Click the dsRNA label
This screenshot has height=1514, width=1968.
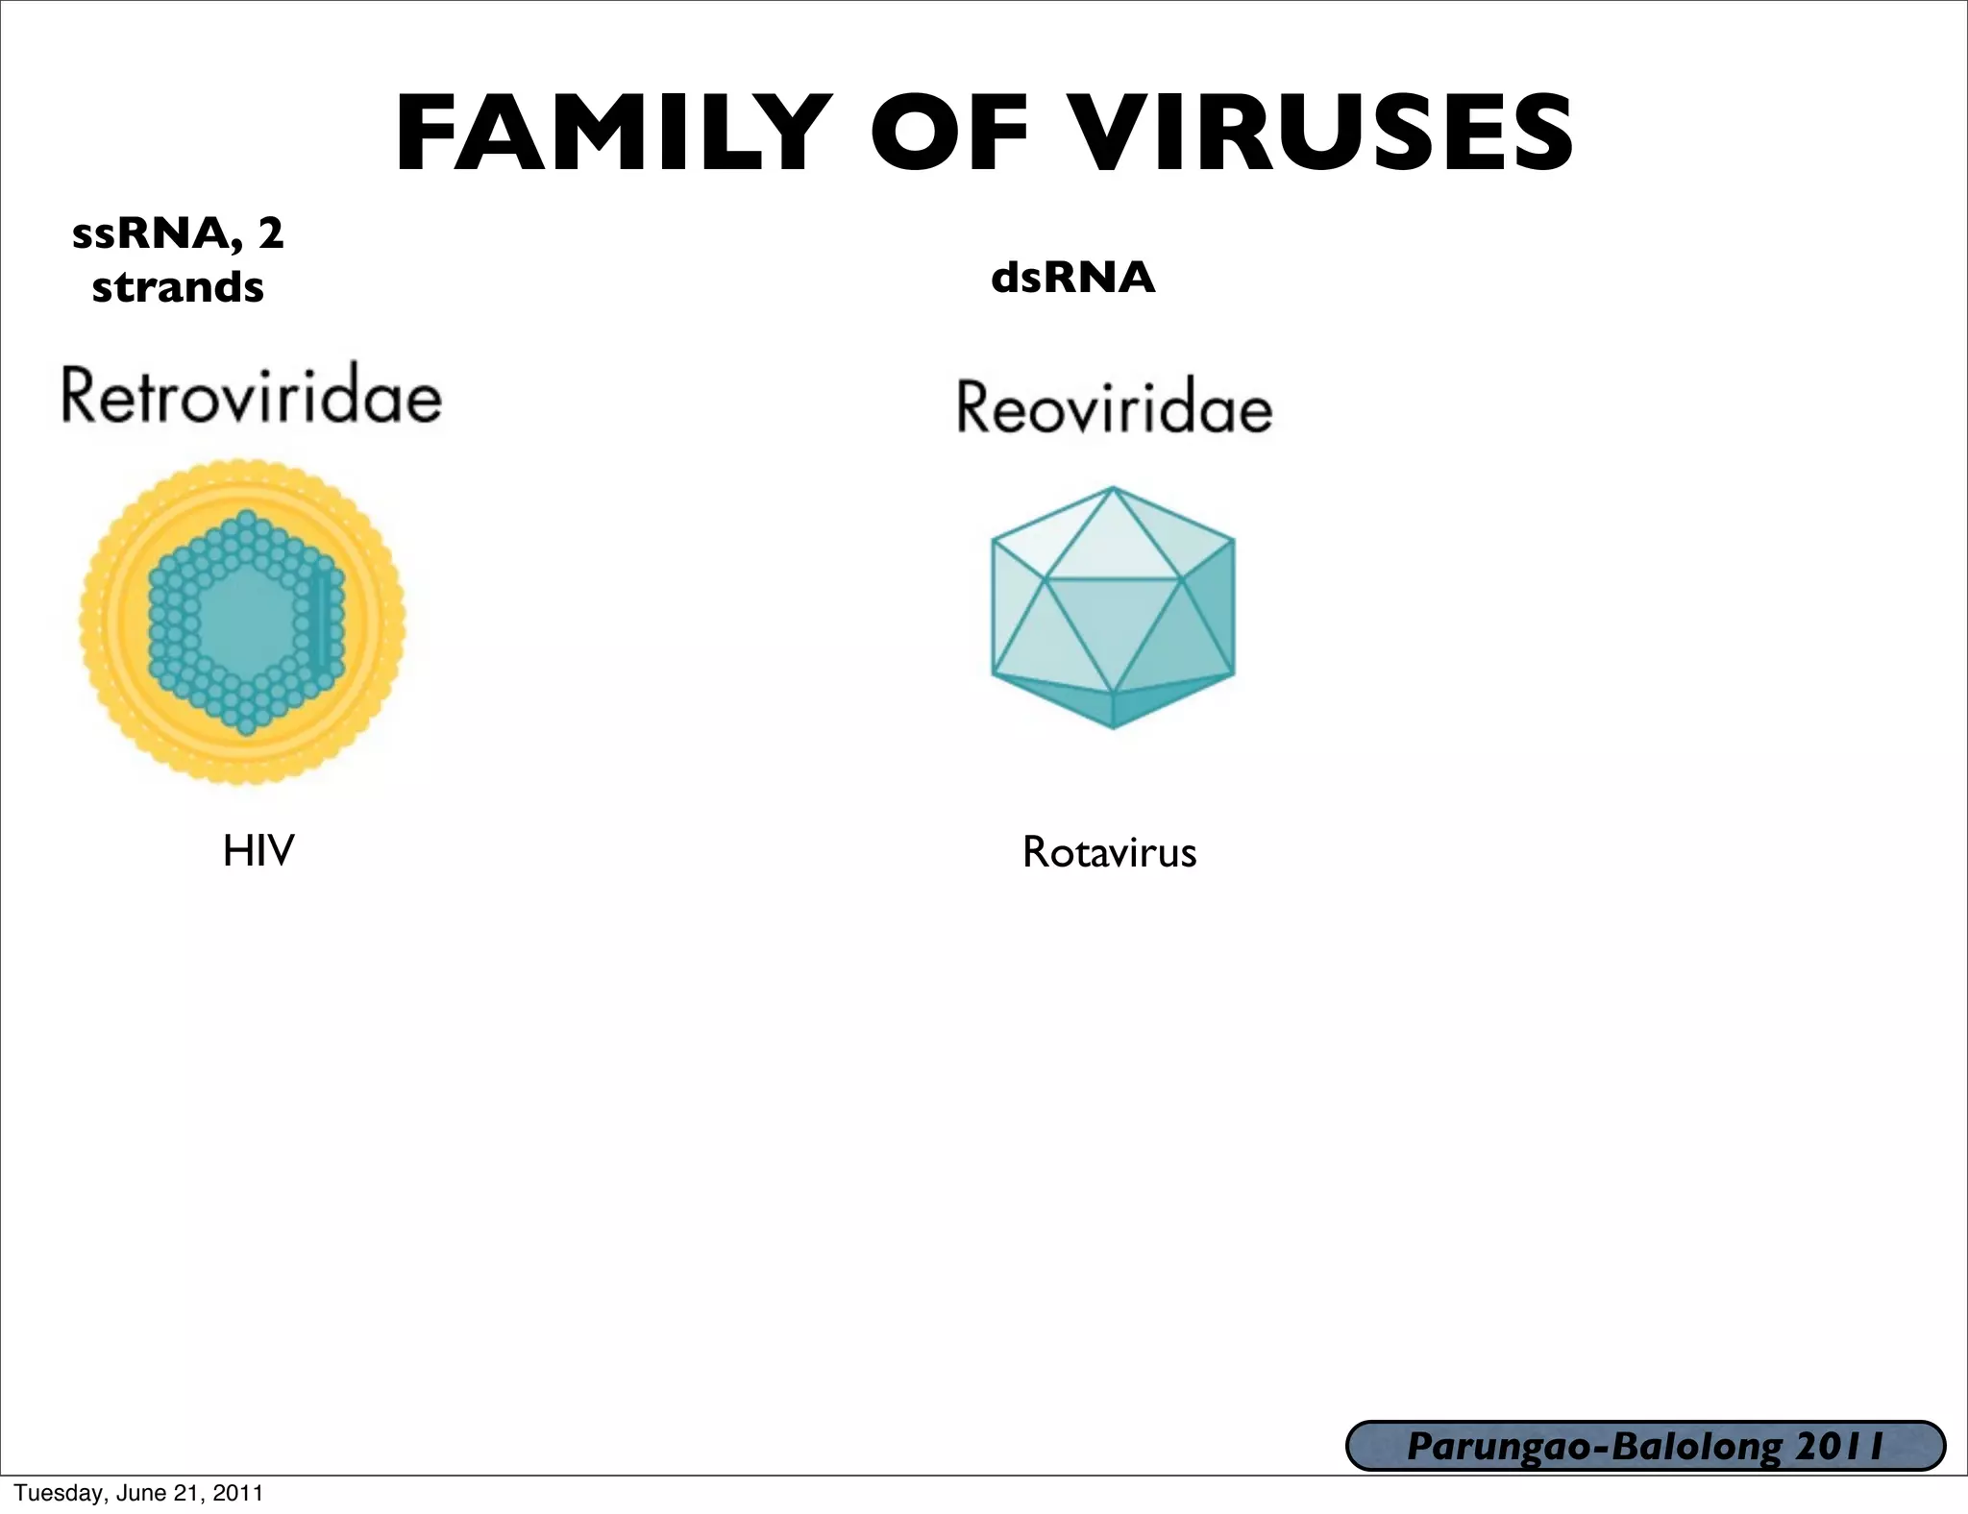[x=1072, y=278]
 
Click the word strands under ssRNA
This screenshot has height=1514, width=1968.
[x=178, y=287]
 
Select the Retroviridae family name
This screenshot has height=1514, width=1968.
[x=252, y=395]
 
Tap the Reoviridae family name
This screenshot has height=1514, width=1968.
[x=1115, y=407]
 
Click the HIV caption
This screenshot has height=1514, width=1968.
[x=258, y=851]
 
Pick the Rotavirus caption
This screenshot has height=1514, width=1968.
[x=1109, y=853]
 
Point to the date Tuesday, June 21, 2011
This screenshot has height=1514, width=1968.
[x=138, y=1493]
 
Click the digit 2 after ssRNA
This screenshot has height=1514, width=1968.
[x=271, y=233]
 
